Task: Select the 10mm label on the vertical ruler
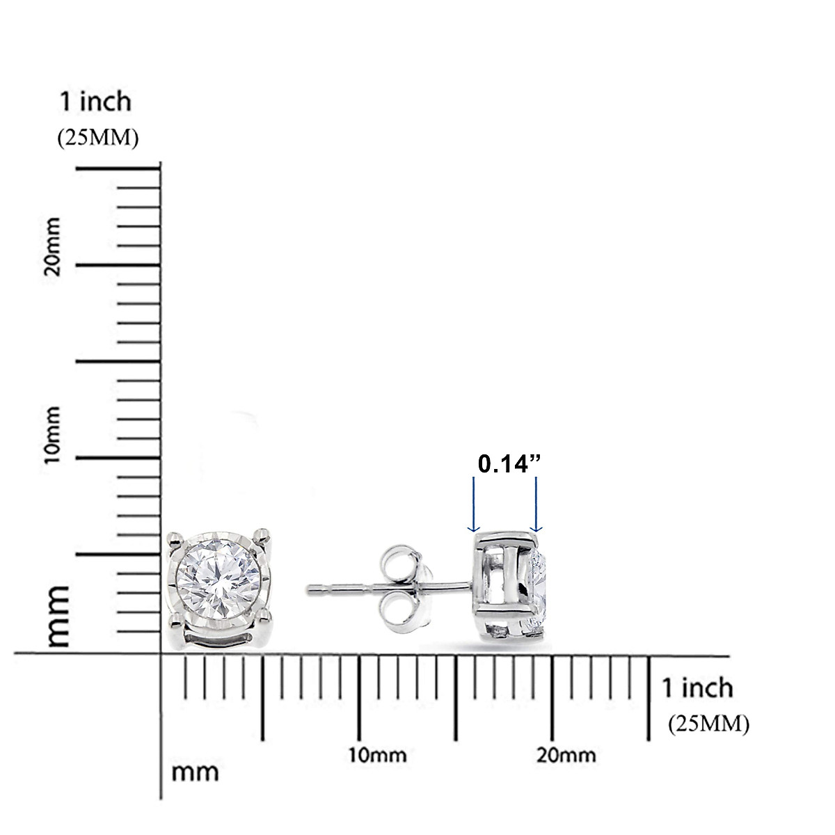tap(52, 438)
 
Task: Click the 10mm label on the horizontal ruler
tap(378, 755)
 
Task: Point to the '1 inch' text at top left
tap(95, 102)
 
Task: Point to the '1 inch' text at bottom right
tap(697, 687)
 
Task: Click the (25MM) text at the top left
tap(97, 138)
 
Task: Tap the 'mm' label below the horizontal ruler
tap(195, 772)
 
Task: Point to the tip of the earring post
tap(310, 589)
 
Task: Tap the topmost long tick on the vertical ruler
tap(118, 168)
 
